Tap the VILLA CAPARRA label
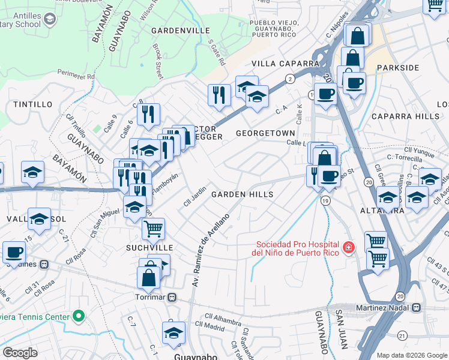click(285, 64)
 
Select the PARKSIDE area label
click(396, 68)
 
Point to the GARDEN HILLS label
click(242, 194)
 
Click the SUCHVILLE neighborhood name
click(149, 247)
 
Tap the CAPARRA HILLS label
click(405, 116)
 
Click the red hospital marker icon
click(347, 247)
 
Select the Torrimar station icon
click(172, 297)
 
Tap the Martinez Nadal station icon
click(416, 307)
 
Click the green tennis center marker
click(77, 316)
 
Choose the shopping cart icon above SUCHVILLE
click(153, 227)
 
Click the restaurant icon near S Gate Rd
click(219, 94)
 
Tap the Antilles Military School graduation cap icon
click(50, 20)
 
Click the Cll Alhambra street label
click(223, 316)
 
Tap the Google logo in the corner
click(20, 353)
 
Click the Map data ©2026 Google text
click(411, 355)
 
